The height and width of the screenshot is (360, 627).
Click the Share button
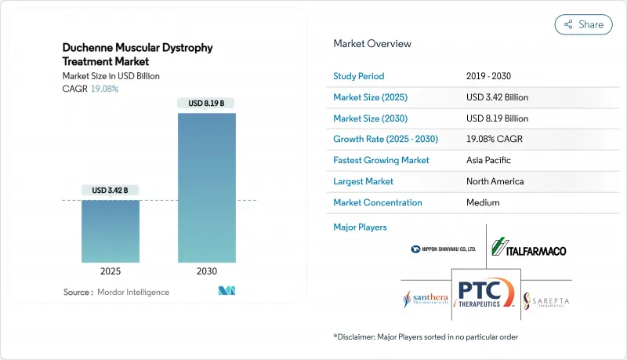click(583, 24)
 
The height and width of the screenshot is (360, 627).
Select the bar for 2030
click(206, 187)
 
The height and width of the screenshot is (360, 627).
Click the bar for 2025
click(110, 231)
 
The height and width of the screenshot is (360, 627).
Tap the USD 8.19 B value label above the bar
click(206, 104)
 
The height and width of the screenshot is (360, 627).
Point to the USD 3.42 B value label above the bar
click(110, 191)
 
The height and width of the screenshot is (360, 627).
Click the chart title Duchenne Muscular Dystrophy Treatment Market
click(137, 54)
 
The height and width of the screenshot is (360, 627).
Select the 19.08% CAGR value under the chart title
click(104, 89)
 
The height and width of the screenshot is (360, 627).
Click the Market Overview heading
click(372, 44)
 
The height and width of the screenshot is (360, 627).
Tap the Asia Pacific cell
click(488, 160)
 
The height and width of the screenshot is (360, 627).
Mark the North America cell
click(495, 181)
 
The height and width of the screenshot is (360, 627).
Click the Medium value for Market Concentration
click(484, 202)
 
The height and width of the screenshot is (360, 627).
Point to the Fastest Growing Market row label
click(382, 160)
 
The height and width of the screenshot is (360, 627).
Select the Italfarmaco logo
click(528, 249)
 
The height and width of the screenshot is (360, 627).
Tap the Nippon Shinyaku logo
click(443, 249)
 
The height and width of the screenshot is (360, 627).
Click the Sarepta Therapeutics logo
click(546, 300)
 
